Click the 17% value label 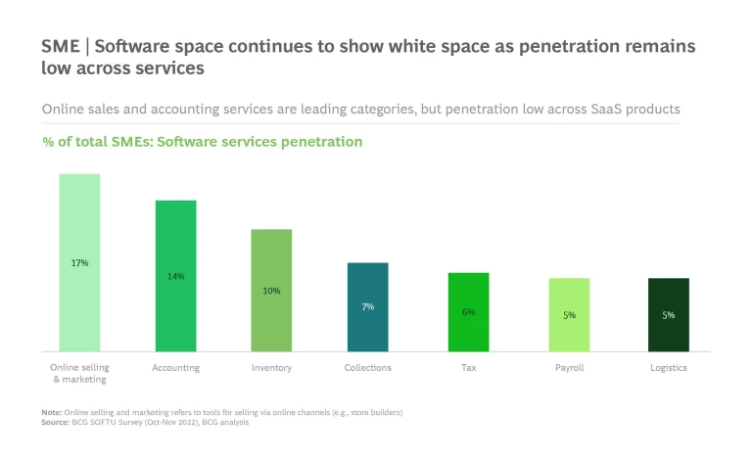click(x=79, y=262)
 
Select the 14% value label click(x=176, y=276)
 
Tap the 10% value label click(x=271, y=291)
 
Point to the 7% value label click(x=368, y=306)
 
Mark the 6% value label click(x=468, y=312)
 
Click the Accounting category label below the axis click(x=176, y=368)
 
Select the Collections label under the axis click(x=368, y=368)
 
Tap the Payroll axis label click(x=569, y=368)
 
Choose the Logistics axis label click(x=669, y=368)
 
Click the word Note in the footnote click(x=51, y=412)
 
